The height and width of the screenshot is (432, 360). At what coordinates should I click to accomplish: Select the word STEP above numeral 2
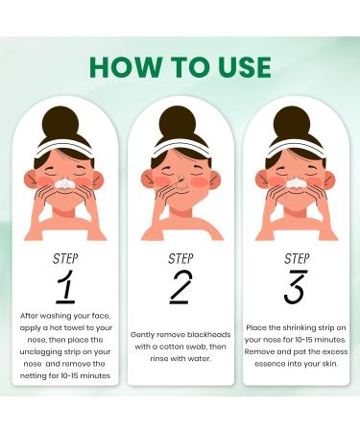180,258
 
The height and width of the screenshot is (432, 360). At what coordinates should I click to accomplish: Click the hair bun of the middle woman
180,121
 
